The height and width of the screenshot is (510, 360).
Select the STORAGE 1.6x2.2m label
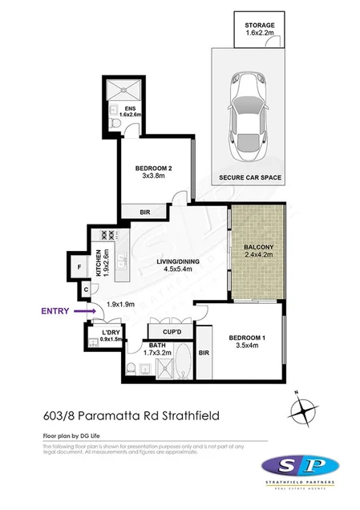(260, 30)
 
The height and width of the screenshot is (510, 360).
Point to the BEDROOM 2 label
(153, 172)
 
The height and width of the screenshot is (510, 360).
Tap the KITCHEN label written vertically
(100, 263)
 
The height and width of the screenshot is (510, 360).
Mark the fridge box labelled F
(80, 268)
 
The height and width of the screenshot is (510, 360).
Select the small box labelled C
(84, 290)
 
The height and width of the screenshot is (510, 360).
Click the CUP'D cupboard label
(170, 330)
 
